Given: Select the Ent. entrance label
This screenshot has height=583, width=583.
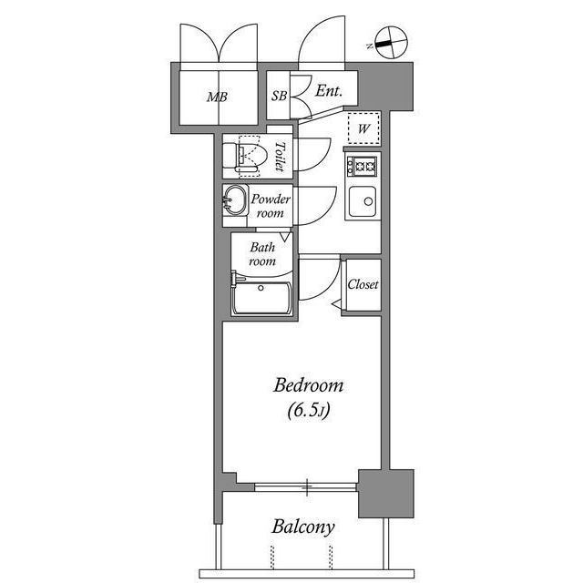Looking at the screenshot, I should pos(328,91).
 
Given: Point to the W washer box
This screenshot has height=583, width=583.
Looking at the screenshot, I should pos(363,128).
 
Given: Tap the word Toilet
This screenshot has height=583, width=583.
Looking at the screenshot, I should pos(281,157).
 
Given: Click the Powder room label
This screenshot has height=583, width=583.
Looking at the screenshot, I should pos(271,206).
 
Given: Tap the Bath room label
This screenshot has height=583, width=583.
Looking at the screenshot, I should pos(262,253).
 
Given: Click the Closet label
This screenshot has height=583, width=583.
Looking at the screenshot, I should pos(363,285).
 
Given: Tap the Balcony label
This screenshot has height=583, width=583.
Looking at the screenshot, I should pos(303,527).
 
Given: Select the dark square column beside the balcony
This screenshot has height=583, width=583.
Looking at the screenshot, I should pos(385,493).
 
